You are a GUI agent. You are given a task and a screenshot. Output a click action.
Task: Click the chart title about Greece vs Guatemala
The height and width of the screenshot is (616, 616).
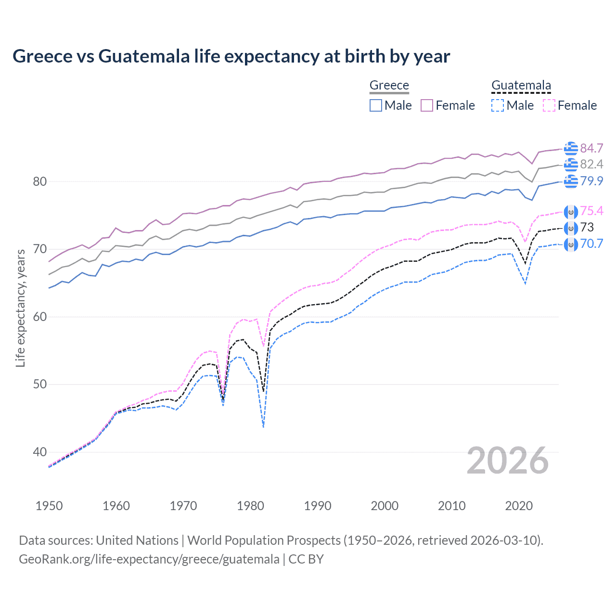click(x=231, y=56)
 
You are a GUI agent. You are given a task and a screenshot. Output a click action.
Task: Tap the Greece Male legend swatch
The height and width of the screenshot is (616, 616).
click(x=376, y=105)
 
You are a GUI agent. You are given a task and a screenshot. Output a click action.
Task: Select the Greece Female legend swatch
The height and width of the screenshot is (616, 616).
click(x=427, y=105)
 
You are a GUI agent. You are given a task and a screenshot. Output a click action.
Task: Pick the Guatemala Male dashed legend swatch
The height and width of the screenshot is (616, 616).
click(x=498, y=105)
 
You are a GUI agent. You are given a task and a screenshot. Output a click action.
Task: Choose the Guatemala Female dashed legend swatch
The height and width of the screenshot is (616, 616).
click(x=549, y=105)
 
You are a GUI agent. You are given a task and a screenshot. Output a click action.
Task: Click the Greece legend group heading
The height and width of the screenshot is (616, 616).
click(x=389, y=85)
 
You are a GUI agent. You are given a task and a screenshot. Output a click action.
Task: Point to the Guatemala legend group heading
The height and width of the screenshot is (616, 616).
click(x=521, y=85)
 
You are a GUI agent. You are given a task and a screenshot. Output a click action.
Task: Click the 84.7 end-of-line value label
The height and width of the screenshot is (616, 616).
click(x=591, y=148)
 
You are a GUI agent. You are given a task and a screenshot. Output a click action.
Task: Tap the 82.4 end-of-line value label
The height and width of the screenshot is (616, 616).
click(x=591, y=165)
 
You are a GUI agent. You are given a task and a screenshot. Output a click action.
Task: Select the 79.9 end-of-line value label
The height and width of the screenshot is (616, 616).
click(x=591, y=181)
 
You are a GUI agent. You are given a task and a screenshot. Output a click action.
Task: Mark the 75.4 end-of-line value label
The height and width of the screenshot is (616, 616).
click(x=591, y=211)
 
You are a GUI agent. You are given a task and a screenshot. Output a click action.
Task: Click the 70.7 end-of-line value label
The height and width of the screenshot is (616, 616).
click(x=591, y=244)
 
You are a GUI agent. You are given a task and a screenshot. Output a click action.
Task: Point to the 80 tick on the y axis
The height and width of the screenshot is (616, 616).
click(x=40, y=181)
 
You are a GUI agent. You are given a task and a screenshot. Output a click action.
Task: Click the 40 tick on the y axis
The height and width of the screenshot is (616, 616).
click(x=40, y=452)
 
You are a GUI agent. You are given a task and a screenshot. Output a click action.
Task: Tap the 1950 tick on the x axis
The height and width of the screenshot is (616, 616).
click(x=49, y=506)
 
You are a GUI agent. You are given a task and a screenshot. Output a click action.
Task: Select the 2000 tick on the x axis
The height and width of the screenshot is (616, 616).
click(x=385, y=506)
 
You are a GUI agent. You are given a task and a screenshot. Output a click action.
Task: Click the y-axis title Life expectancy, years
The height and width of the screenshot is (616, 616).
click(x=20, y=308)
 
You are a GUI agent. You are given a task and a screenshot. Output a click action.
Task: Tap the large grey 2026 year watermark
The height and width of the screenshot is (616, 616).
click(x=507, y=461)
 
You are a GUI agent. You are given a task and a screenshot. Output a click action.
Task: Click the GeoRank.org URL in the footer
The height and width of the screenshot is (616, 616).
click(x=149, y=559)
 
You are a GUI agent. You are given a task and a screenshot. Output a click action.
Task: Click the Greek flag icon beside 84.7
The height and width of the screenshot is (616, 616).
click(x=571, y=148)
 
